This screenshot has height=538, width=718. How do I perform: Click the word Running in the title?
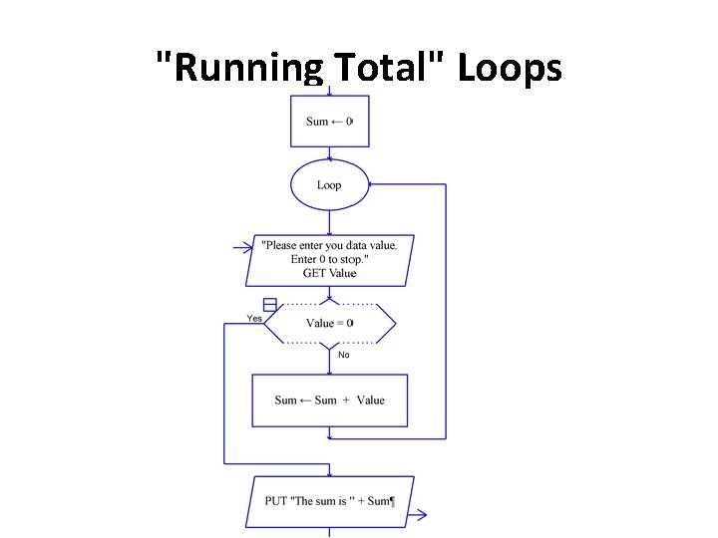pos(240,70)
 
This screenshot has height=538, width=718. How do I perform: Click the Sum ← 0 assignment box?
pos(329,122)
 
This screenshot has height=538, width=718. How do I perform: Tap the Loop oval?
pos(329,185)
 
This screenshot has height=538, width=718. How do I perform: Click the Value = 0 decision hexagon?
pos(329,323)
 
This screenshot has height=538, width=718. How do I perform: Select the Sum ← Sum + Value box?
pos(329,401)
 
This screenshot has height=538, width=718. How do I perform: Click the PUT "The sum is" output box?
pos(329,501)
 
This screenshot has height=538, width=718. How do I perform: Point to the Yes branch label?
pos(254,318)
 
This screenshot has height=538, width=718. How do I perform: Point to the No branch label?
pos(344,355)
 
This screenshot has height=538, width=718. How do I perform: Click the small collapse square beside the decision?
pos(269,304)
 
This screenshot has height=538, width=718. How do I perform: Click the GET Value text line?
pos(329,273)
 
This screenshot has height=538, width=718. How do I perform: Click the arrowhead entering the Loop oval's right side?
pos(371,185)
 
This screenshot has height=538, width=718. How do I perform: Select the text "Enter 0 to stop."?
pos(329,259)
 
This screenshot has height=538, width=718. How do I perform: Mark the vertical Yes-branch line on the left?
pos(224,394)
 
